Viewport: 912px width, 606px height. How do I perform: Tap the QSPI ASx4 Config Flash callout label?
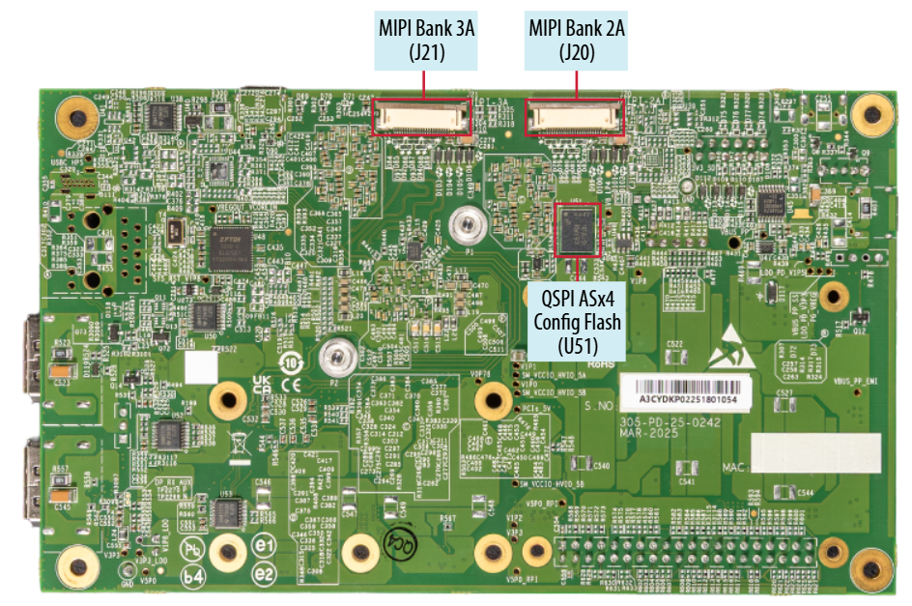point(577,311)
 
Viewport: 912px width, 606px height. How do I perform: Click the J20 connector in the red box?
point(575,118)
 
